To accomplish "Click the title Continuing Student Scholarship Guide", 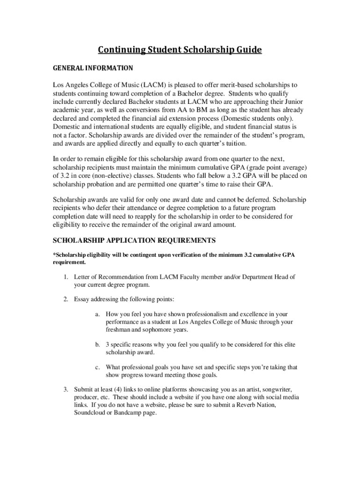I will tap(180, 50).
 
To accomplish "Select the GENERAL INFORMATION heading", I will tap(93, 68).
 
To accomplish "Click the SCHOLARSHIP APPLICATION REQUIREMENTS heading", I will tap(134, 240).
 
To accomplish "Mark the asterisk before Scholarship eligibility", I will tap(54, 255).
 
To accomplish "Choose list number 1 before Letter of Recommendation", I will tap(66, 277).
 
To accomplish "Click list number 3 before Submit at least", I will tap(66, 389).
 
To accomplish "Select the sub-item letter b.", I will tap(97, 345).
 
